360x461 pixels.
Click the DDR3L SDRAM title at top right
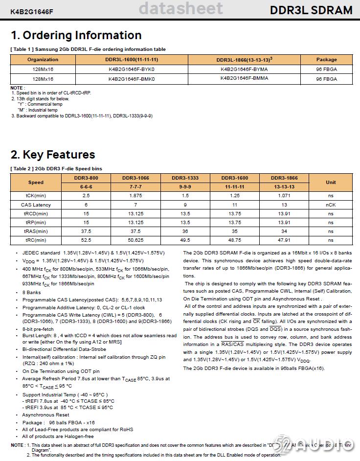click(x=311, y=10)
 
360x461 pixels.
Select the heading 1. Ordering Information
click(x=76, y=35)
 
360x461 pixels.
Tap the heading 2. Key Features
click(x=53, y=155)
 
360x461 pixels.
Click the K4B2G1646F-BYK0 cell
click(x=132, y=69)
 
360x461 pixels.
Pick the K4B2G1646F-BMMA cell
click(x=244, y=78)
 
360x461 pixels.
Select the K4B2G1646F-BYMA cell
click(x=244, y=69)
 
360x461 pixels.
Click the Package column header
click(x=326, y=60)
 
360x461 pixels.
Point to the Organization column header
click(x=43, y=60)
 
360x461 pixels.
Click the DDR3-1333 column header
click(x=185, y=178)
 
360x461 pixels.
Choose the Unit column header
click(x=331, y=182)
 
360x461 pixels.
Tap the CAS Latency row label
click(x=36, y=205)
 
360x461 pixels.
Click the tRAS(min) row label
click(x=36, y=231)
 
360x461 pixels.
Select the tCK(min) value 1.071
click(x=284, y=196)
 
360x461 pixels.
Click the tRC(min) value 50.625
click(x=135, y=240)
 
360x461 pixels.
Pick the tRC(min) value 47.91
click(x=284, y=240)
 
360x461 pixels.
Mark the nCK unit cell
click(x=331, y=205)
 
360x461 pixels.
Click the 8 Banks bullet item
click(x=31, y=292)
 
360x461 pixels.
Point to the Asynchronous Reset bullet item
click(x=45, y=415)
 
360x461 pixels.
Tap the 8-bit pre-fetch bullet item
click(x=38, y=329)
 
